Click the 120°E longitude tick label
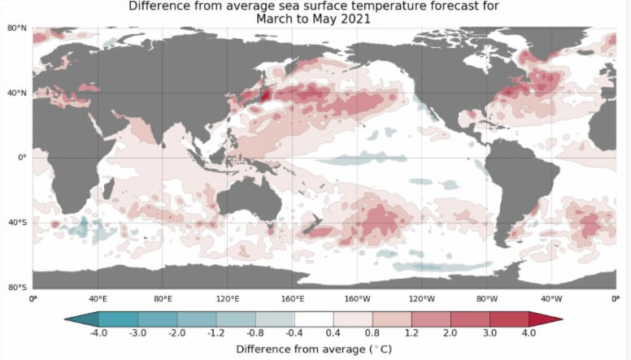pyautogui.click(x=227, y=298)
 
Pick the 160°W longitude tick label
pyautogui.click(x=357, y=298)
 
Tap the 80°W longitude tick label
pyautogui.click(x=487, y=298)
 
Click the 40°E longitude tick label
pyautogui.click(x=98, y=298)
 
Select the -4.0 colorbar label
pyautogui.click(x=99, y=333)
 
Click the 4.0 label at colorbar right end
pyautogui.click(x=529, y=333)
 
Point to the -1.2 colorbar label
pyautogui.click(x=216, y=333)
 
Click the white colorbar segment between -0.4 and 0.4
pyautogui.click(x=314, y=319)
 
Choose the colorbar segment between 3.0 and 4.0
pyautogui.click(x=509, y=319)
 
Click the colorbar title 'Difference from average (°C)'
pyautogui.click(x=313, y=349)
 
